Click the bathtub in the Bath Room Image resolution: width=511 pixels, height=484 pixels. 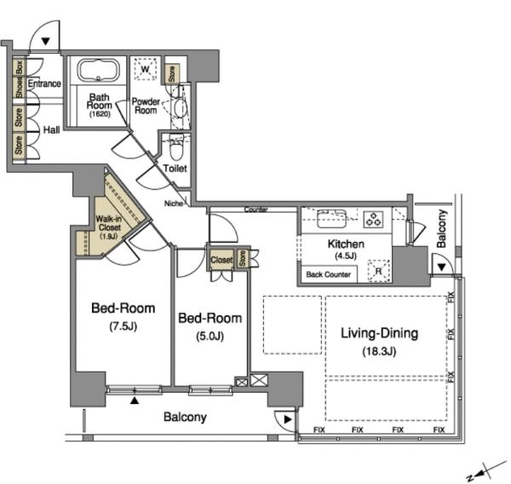pos(99,70)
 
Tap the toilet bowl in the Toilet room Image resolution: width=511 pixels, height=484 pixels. pos(176,148)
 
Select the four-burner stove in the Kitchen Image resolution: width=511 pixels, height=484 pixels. pos(374,219)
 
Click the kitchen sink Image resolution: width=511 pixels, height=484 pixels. pos(331,218)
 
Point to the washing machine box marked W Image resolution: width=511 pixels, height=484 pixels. pos(146,69)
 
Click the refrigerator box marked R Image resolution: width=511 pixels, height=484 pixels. pos(379,271)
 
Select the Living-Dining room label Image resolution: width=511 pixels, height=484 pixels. pos(379,333)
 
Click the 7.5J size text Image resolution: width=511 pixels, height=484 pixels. pos(123,326)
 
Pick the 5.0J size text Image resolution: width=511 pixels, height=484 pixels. pos(210,336)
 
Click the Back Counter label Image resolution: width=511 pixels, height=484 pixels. pos(328,274)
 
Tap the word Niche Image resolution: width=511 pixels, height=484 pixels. pos(174,204)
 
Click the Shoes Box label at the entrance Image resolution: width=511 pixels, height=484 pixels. pos(20,79)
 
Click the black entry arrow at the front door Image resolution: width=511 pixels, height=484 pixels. pos(45,42)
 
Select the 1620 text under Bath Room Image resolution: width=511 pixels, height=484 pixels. pos(100,114)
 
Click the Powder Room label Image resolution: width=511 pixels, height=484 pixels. pos(146,106)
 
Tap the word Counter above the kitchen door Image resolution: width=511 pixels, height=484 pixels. pos(256,210)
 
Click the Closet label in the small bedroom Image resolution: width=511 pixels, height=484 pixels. pos(221,260)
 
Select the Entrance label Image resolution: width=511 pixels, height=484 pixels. pos(44,84)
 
